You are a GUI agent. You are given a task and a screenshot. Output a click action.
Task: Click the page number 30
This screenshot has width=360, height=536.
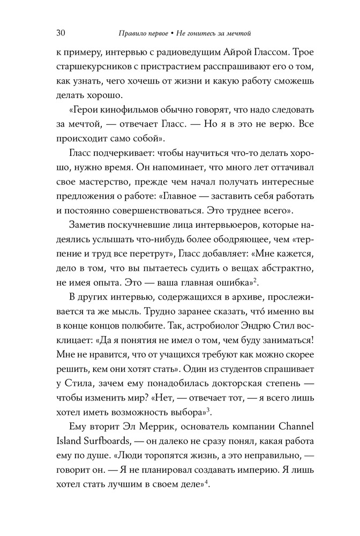tap(60, 33)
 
